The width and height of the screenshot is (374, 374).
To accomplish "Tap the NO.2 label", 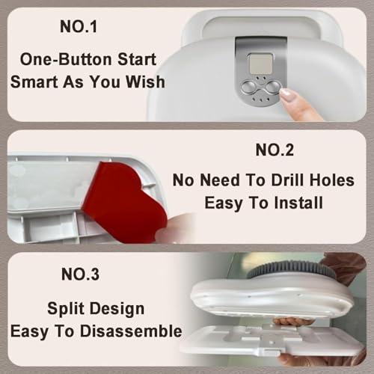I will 276,150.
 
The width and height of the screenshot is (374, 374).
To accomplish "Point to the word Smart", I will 35,81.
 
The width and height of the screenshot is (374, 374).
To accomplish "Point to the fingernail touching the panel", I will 289,96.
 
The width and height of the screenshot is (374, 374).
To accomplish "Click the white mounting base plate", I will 269,340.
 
